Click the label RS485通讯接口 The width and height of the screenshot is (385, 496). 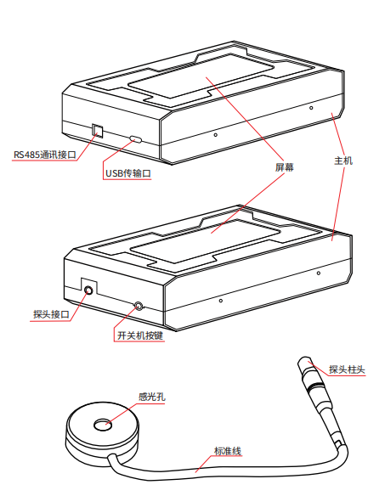pos(45,155)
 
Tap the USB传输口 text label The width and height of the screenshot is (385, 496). pos(128,173)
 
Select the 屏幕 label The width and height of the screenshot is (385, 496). pos(285,167)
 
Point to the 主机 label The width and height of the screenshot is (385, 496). pos(343,161)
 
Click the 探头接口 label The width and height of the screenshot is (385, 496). pos(51,314)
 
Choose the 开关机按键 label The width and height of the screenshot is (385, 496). pos(140,335)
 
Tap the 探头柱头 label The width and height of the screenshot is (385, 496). pos(347,369)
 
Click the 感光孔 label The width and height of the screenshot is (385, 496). pos(151,397)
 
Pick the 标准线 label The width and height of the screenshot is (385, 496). pos(228,451)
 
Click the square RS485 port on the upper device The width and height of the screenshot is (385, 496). pos(98,131)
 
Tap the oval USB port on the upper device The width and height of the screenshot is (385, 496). pos(135,139)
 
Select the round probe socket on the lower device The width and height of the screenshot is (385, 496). pos(88,290)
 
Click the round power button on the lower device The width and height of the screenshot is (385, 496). pos(139,306)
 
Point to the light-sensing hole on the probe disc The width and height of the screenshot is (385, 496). pos(103,426)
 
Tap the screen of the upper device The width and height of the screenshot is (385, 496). pos(201,76)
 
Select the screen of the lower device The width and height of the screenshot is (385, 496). pos(205,241)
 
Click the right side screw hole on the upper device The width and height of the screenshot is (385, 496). pos(311,108)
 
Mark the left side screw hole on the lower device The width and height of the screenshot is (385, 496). pos(221,301)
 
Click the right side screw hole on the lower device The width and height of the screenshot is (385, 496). pos(319,273)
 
